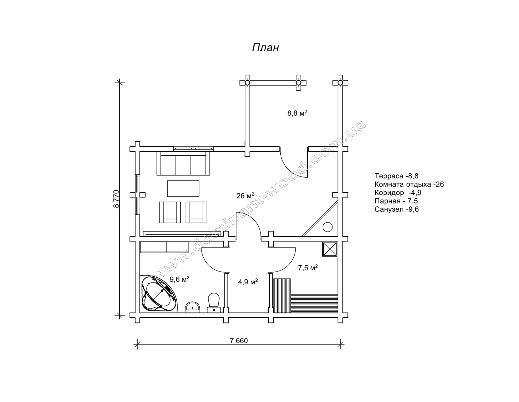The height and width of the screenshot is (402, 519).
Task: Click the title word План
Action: click(265, 48)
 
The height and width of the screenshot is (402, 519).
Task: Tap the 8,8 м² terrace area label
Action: click(297, 113)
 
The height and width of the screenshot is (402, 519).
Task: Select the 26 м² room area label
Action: click(245, 196)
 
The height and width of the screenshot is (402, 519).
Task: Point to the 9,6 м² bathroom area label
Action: click(179, 279)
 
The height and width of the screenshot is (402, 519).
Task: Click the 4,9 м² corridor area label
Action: click(248, 282)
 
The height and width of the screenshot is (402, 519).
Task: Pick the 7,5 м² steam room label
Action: click(308, 268)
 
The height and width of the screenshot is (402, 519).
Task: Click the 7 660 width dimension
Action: click(239, 341)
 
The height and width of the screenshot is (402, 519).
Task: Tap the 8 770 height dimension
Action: click(116, 199)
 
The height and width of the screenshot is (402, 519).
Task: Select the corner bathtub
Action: click(159, 294)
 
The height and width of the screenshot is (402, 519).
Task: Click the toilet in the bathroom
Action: click(214, 303)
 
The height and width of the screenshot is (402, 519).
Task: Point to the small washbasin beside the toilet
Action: click(193, 307)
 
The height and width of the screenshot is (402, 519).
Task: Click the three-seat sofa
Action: click(183, 163)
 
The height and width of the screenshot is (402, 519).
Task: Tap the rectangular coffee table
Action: click(183, 189)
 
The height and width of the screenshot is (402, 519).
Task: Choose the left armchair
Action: click(170, 212)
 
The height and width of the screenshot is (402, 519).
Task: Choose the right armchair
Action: click(197, 212)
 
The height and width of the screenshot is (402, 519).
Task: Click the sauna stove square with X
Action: click(330, 249)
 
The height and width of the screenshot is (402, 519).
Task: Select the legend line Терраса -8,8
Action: click(396, 176)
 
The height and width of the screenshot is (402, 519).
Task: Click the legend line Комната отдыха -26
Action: click(409, 185)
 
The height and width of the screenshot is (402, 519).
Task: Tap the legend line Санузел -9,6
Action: click(397, 209)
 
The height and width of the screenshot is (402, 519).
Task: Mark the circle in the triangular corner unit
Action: click(328, 227)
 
